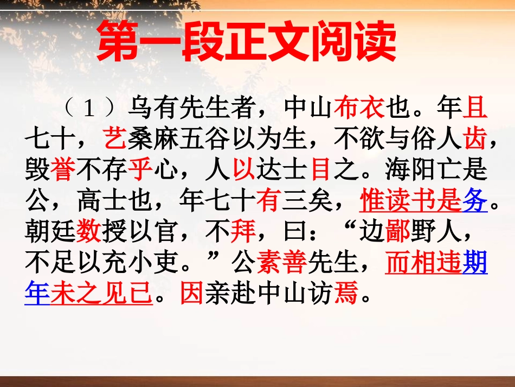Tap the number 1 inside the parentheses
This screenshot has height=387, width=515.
click(89, 110)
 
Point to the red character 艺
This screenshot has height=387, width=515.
click(114, 141)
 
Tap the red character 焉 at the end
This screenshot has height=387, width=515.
click(347, 295)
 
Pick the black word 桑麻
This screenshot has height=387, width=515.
click(153, 141)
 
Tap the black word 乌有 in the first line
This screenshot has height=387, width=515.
click(153, 110)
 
